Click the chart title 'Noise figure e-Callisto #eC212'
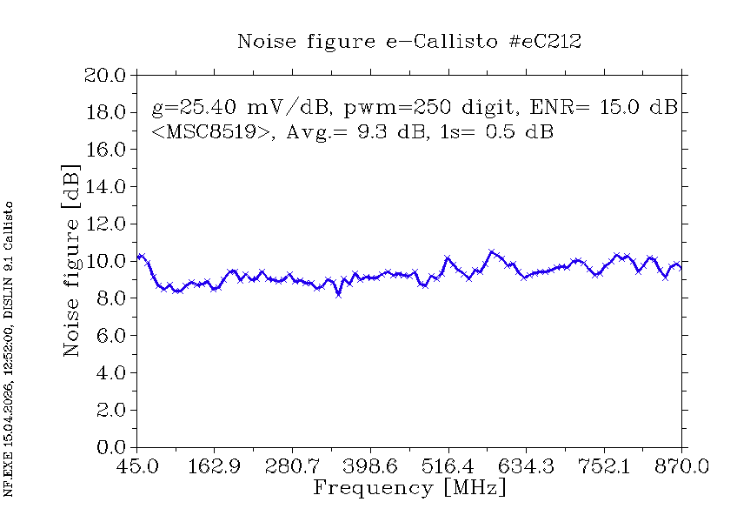pos(409,41)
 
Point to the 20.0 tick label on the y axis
pos(105,75)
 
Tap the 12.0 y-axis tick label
pos(105,224)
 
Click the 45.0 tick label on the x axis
pos(136,467)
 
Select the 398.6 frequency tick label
pos(369,467)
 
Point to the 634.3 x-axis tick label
pos(525,467)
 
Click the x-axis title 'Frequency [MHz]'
pos(408,487)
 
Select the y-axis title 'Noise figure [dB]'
pos(72,261)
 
